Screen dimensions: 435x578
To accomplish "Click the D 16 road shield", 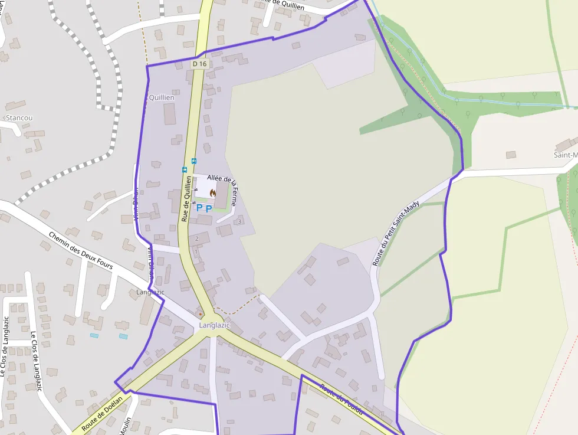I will pyautogui.click(x=199, y=64).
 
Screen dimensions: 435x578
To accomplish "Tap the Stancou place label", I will pyautogui.click(x=19, y=117).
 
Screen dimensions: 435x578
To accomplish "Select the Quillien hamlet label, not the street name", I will pyautogui.click(x=161, y=97).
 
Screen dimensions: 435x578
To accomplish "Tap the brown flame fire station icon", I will pyautogui.click(x=212, y=193).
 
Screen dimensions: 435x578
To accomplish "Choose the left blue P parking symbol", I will pyautogui.click(x=199, y=208).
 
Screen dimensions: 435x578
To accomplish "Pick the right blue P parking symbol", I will pyautogui.click(x=209, y=208).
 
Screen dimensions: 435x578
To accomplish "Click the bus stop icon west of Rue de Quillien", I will pyautogui.click(x=185, y=169).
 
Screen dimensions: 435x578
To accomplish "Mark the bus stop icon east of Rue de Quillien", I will pyautogui.click(x=194, y=161).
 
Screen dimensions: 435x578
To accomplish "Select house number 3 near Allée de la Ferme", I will pyautogui.click(x=239, y=222).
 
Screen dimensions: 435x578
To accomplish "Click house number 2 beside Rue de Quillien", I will pyautogui.click(x=196, y=238).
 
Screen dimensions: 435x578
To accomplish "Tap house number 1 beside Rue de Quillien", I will pyautogui.click(x=195, y=252).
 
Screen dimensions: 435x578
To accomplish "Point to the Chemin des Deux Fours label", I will pyautogui.click(x=81, y=250).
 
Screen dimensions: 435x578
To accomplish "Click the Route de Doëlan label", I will pyautogui.click(x=102, y=412).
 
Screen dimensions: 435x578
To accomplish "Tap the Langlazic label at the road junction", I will pyautogui.click(x=214, y=325).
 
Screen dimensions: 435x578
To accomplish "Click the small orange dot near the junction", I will pyautogui.click(x=201, y=313).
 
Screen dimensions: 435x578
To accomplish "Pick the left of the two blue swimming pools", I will pyautogui.click(x=94, y=335).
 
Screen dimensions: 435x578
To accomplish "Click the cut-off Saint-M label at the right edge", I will pyautogui.click(x=565, y=155).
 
